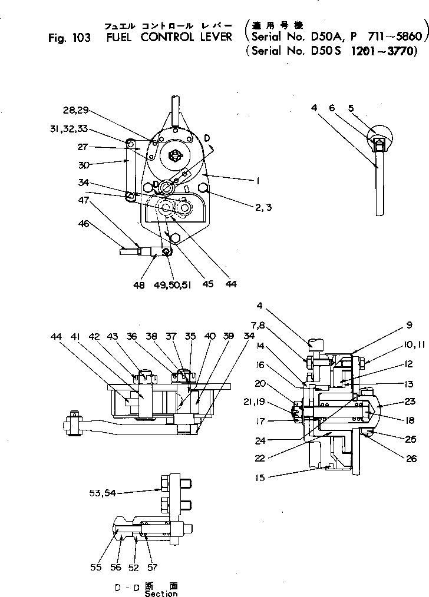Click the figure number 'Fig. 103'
coord(69,38)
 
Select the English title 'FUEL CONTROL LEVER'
coord(170,38)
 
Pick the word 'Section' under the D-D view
coord(161,593)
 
